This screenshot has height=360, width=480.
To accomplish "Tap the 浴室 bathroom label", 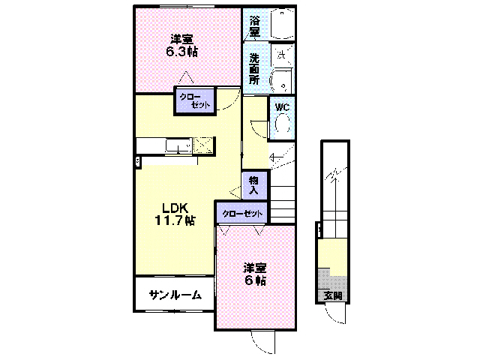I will (x=254, y=23).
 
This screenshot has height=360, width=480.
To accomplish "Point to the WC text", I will (x=281, y=107).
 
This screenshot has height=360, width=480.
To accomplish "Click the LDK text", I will (x=175, y=208).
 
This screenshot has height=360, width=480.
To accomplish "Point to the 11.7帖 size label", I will (x=175, y=221).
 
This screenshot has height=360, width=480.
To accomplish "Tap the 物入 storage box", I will (x=254, y=185).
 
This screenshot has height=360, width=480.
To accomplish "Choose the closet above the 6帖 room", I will (x=241, y=214).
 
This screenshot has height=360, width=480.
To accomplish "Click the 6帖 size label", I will (x=254, y=281).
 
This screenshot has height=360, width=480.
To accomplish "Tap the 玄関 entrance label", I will (x=332, y=295).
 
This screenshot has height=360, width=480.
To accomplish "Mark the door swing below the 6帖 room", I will (x=263, y=343).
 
